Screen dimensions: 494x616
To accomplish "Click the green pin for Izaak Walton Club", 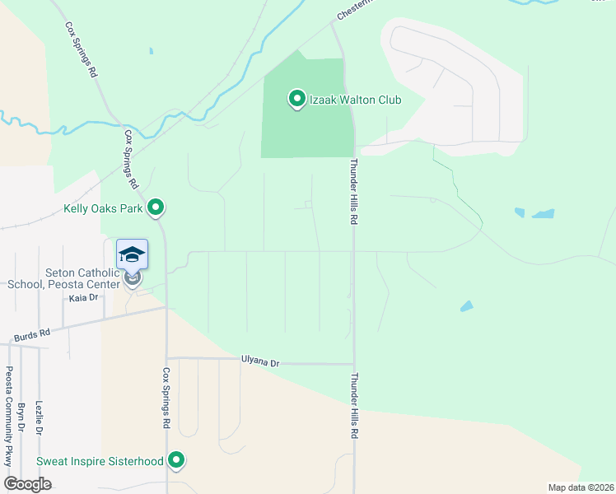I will [296, 100].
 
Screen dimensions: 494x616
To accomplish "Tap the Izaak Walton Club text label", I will [355, 100].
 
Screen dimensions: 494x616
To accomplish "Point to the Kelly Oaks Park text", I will [103, 208].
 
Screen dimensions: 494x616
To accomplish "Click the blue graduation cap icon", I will [132, 254].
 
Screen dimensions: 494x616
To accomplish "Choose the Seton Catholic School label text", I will [66, 279].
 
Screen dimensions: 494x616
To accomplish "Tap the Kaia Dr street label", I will [83, 298].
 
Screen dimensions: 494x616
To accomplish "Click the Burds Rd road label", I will [32, 334].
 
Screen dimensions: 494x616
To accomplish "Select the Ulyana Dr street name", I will [260, 361].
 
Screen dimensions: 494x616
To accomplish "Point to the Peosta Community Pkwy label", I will [10, 417].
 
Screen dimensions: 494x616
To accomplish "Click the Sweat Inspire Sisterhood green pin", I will [176, 460].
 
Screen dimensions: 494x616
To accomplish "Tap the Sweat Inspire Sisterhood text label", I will [100, 461].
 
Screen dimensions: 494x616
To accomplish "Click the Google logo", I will [27, 484].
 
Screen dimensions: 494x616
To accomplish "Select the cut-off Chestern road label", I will [355, 10].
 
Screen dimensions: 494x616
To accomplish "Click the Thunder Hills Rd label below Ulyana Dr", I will [355, 405].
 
